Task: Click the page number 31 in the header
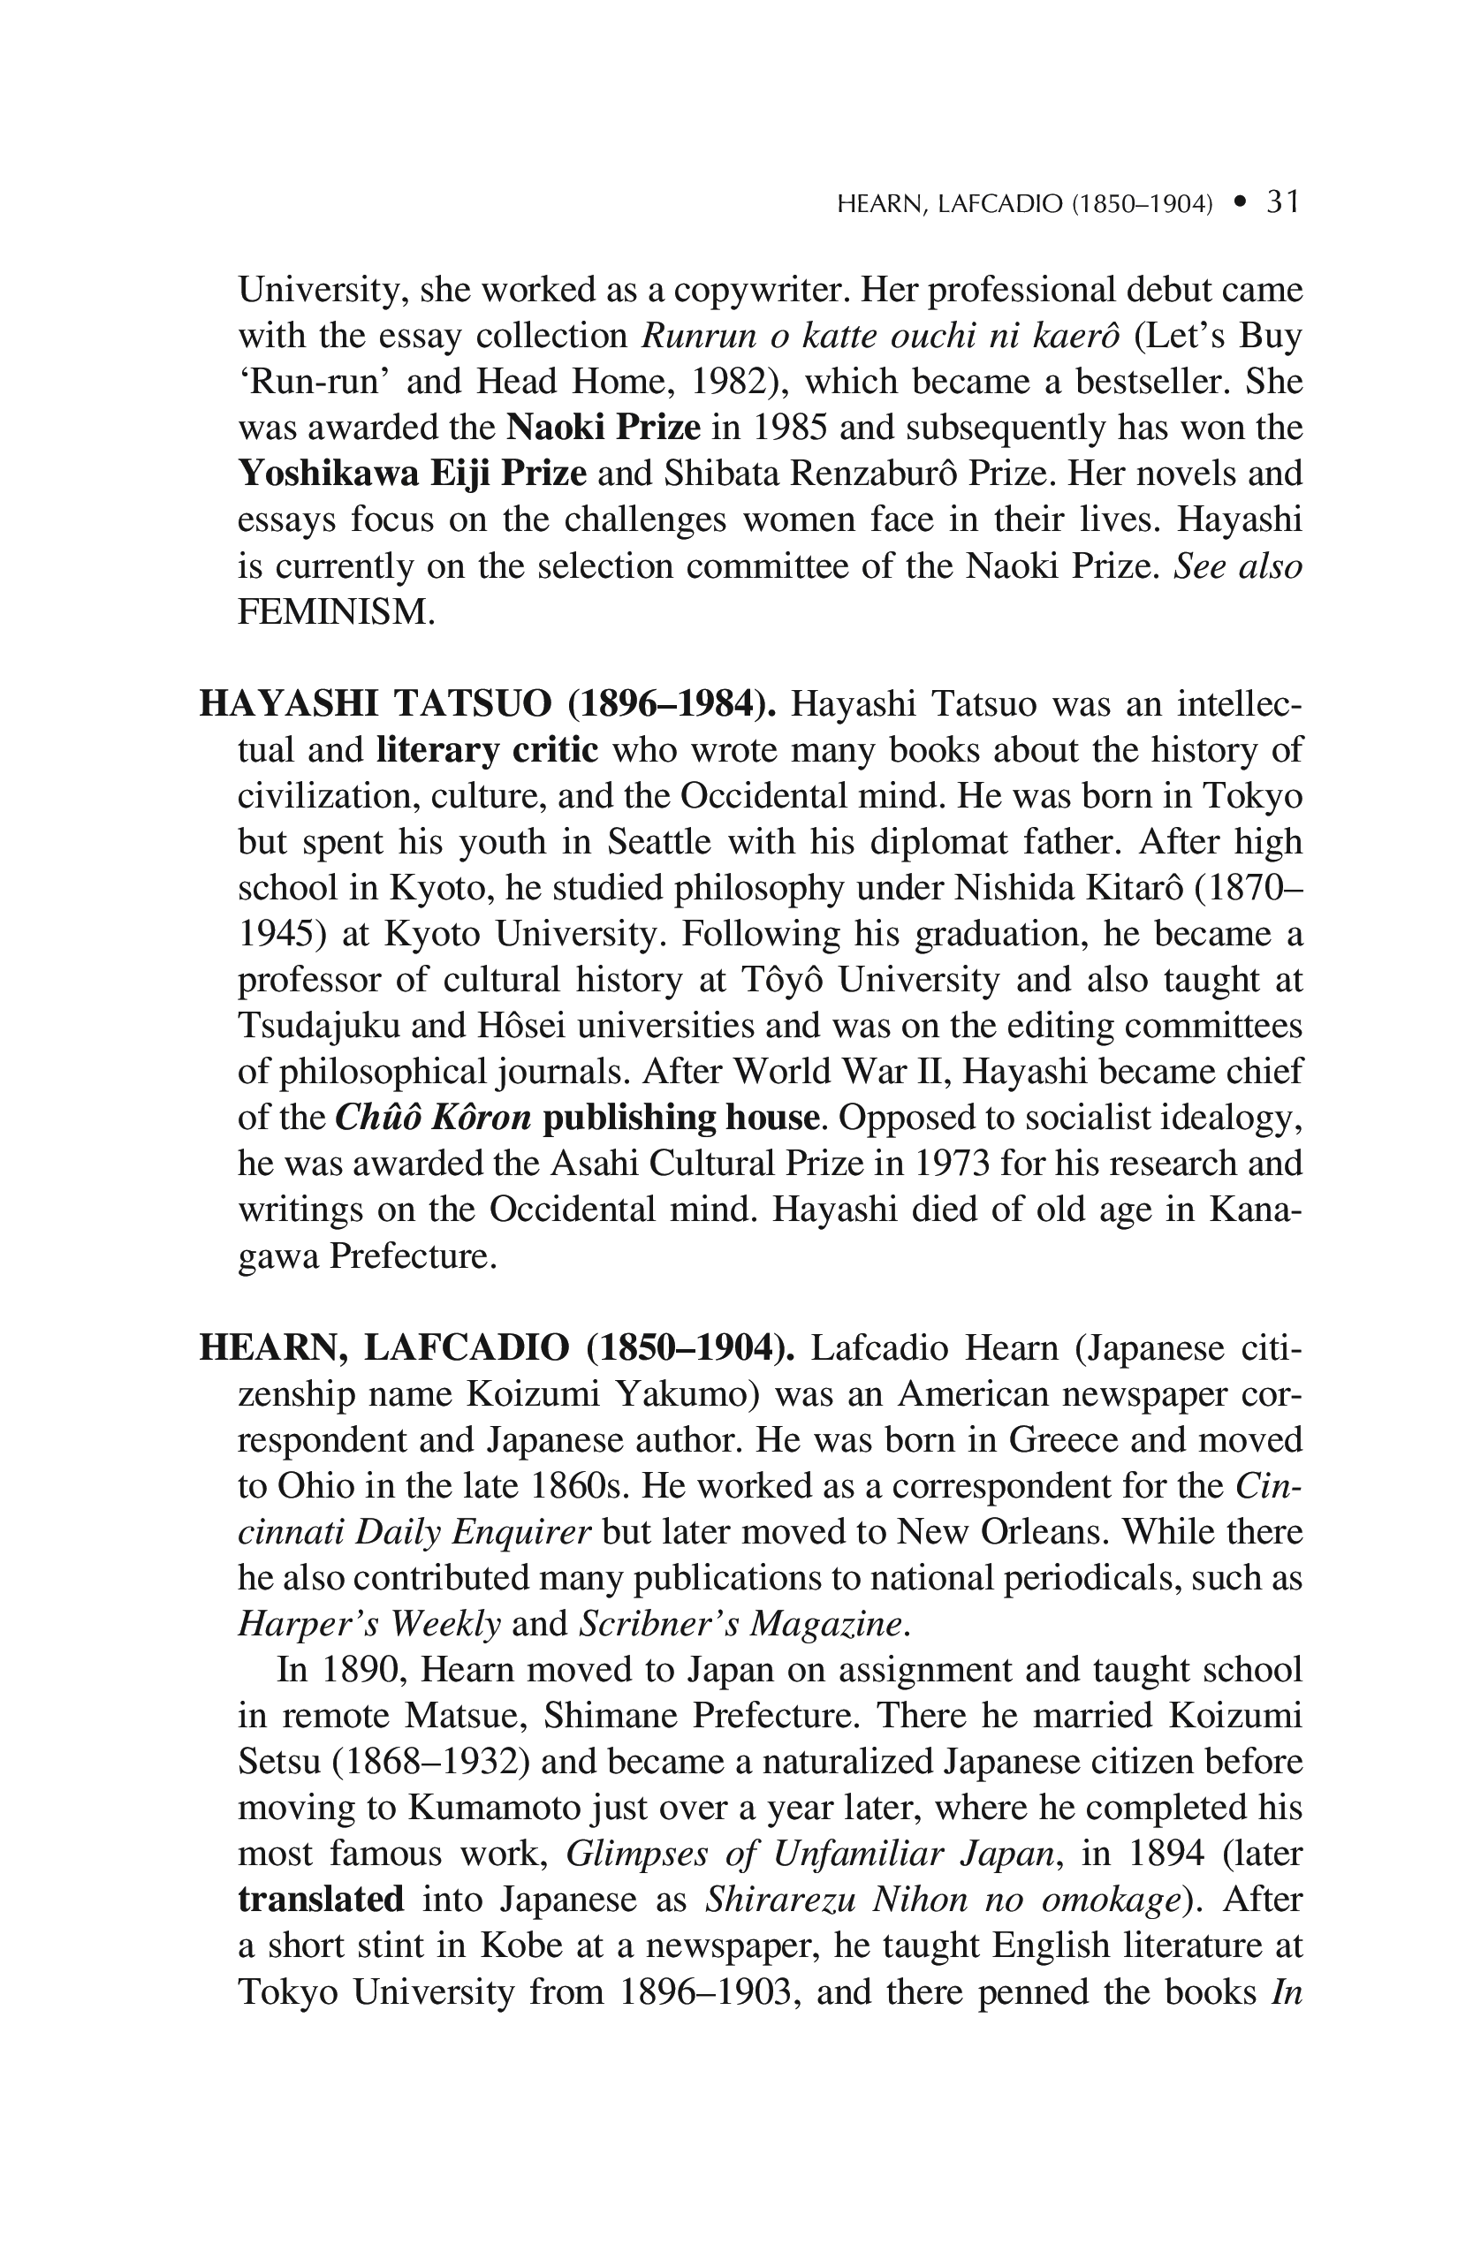(x=1283, y=201)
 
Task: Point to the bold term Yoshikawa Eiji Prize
(x=412, y=474)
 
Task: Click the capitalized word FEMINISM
(x=336, y=612)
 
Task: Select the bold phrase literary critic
(x=487, y=750)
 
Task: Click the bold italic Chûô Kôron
(x=434, y=1118)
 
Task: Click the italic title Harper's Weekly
(x=368, y=1625)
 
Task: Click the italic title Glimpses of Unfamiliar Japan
(x=809, y=1854)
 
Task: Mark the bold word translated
(x=321, y=1900)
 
